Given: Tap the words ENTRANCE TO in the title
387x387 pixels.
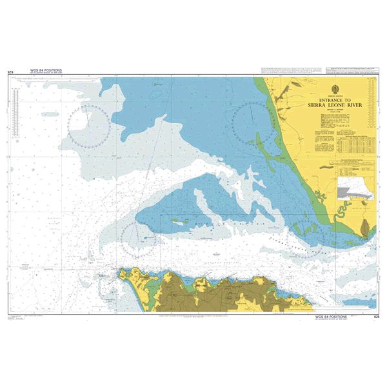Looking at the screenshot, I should pyautogui.click(x=335, y=100).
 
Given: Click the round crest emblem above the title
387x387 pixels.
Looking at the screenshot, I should pyautogui.click(x=335, y=89).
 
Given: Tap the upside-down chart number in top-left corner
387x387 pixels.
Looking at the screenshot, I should pyautogui.click(x=10, y=72).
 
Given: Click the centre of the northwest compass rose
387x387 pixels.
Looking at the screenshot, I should pyautogui.click(x=89, y=124).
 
